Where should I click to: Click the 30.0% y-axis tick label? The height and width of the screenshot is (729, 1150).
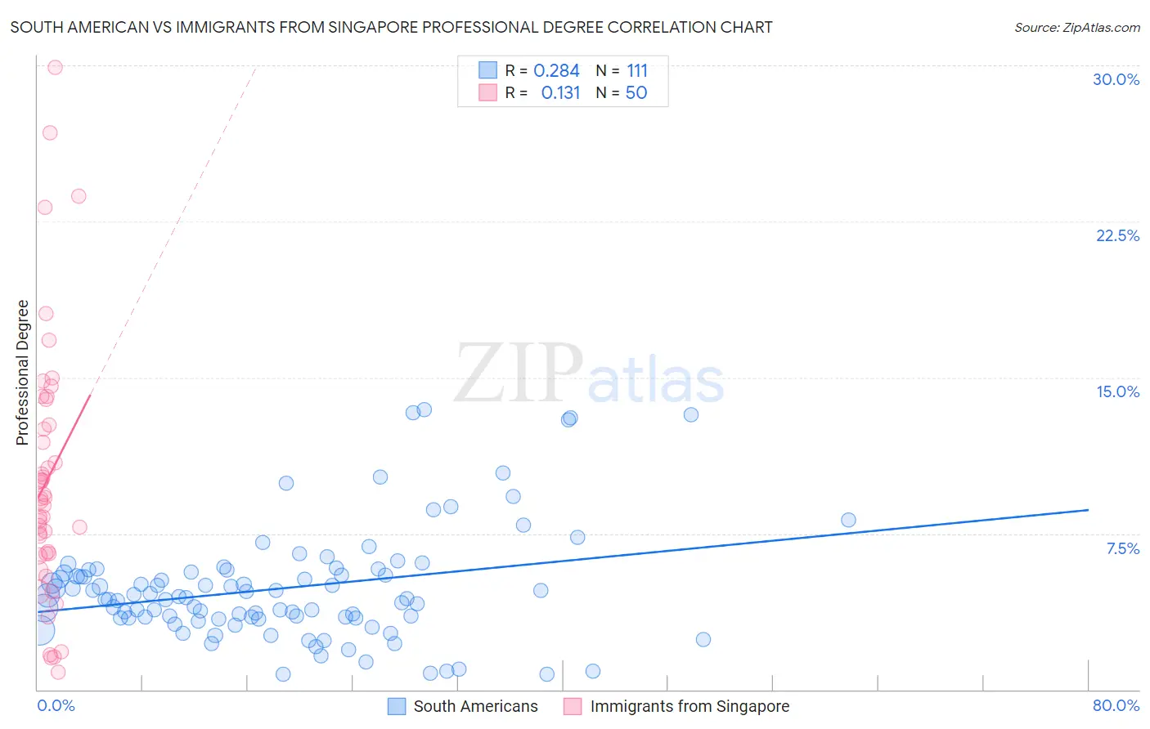tap(1116, 79)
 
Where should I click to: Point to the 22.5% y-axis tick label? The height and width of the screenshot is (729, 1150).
tap(1117, 235)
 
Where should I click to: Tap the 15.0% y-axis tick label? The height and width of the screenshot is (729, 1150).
tap(1117, 391)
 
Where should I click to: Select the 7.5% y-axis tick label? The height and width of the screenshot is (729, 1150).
tap(1122, 548)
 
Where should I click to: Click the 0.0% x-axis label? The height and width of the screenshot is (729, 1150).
tap(56, 705)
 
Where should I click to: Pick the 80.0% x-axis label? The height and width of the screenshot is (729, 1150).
tap(1116, 705)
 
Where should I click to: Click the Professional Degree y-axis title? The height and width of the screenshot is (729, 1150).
tap(22, 373)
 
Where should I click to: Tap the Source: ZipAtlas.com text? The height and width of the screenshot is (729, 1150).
tap(1076, 28)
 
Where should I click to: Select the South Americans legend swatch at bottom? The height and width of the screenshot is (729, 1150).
tap(397, 706)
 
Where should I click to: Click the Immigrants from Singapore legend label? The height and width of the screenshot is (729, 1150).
tap(690, 706)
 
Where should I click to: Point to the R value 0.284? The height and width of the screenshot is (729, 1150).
tap(556, 71)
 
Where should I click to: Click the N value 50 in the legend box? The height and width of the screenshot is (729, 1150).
tap(636, 93)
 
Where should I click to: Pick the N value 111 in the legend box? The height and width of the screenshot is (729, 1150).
tap(637, 71)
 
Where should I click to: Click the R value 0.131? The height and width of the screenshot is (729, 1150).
tap(560, 93)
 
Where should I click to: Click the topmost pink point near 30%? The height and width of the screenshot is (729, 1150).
tap(55, 67)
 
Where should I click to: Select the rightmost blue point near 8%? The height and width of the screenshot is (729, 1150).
tap(848, 520)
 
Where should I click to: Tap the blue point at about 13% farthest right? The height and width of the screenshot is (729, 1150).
tap(691, 414)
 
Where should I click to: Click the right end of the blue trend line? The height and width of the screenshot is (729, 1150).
tap(1088, 509)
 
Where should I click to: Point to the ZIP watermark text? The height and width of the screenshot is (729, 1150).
tap(519, 373)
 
